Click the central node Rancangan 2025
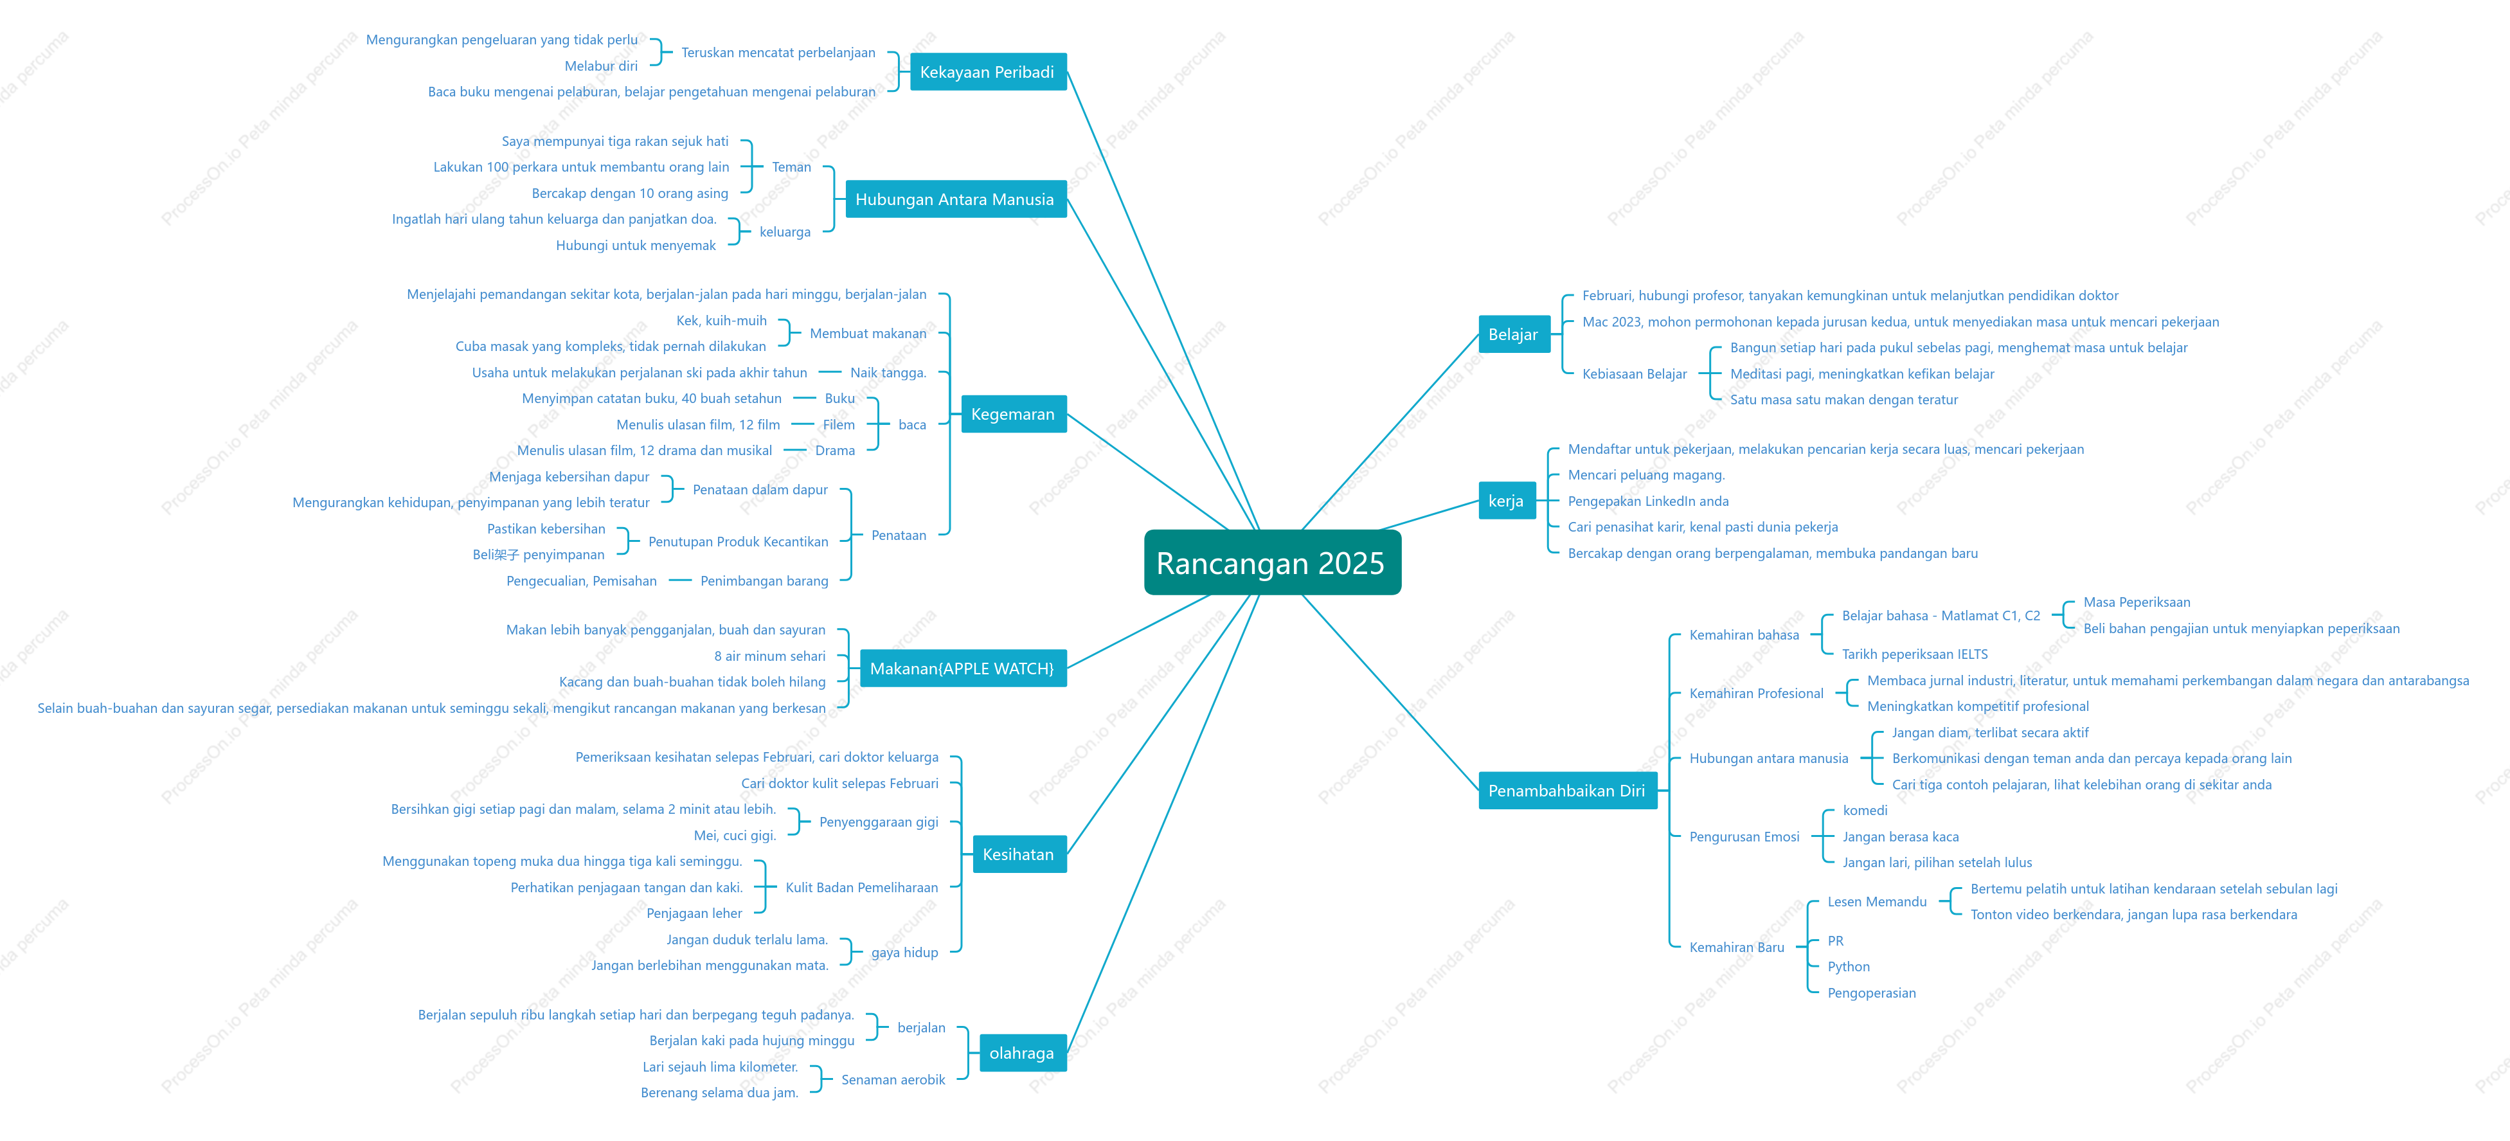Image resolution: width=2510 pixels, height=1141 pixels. (1271, 562)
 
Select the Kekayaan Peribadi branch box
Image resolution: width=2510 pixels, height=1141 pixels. (987, 72)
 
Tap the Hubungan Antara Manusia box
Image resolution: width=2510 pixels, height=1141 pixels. (955, 199)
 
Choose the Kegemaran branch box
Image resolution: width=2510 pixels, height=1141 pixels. (1014, 414)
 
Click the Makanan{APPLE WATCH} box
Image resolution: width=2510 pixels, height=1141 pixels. (963, 669)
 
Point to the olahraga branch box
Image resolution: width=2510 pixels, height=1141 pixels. (1022, 1054)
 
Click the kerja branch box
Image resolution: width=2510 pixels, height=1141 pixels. (1507, 501)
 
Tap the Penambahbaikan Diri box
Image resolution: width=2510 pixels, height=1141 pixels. (1567, 790)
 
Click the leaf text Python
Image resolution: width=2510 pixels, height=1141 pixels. (1849, 967)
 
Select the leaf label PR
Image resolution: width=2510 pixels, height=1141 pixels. (1836, 940)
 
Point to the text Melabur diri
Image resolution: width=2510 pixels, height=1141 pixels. (601, 66)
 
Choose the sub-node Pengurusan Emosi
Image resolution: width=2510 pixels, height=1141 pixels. (1744, 836)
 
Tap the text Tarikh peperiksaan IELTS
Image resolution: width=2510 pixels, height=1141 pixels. (1915, 654)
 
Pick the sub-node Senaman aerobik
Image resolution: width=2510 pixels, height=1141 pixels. (893, 1080)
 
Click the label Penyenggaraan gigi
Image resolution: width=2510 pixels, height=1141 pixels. (879, 822)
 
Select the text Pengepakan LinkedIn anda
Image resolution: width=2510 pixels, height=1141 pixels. (1649, 501)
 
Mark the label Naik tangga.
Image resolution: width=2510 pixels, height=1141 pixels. (888, 372)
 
